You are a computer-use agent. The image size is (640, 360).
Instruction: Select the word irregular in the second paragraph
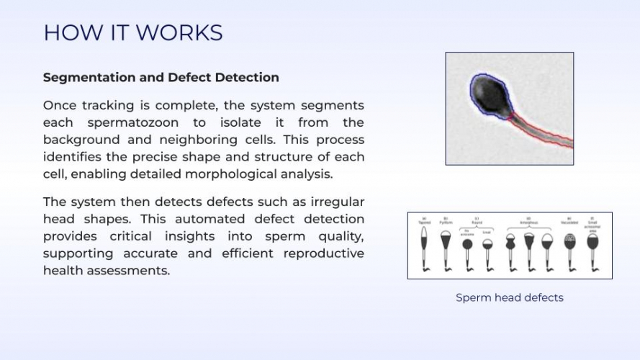(334, 202)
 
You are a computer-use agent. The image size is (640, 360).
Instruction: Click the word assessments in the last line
(129, 271)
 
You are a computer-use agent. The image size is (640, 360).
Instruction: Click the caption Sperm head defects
(509, 297)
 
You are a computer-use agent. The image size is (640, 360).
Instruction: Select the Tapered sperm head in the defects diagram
(425, 241)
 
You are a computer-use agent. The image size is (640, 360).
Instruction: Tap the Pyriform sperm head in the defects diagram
(446, 242)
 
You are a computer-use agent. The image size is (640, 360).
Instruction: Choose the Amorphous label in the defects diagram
(528, 222)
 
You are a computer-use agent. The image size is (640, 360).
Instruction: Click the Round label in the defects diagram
(477, 222)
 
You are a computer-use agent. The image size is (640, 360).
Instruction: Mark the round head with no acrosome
(467, 243)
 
